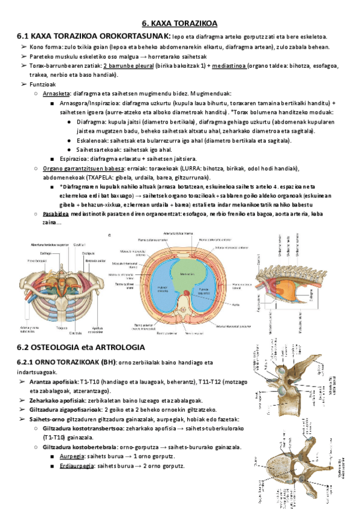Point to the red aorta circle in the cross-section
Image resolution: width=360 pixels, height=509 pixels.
pyautogui.click(x=186, y=292)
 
